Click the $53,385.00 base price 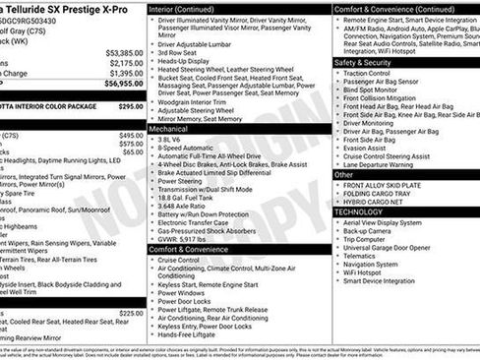[123, 52]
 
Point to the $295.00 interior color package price [131, 105]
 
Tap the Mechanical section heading [170, 128]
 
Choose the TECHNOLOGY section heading [358, 211]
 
